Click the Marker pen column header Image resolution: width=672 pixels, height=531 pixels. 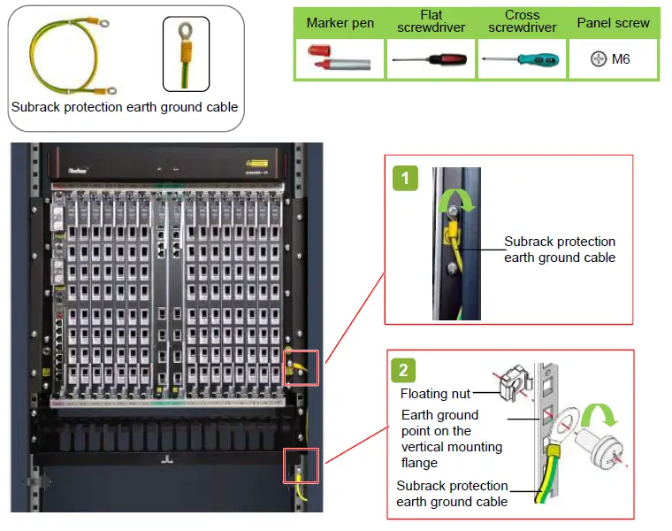[340, 23]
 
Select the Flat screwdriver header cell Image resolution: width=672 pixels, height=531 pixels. [431, 22]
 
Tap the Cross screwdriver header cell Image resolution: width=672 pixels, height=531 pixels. [522, 22]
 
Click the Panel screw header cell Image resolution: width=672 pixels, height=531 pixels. [613, 23]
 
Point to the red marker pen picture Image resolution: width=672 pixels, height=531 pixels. [340, 59]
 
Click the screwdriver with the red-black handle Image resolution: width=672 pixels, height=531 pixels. [431, 60]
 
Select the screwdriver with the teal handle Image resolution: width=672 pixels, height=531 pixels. [522, 60]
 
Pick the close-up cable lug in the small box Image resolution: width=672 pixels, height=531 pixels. [186, 53]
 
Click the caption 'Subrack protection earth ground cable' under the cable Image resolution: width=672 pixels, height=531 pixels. [125, 107]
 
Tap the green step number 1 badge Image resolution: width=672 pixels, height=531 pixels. [405, 179]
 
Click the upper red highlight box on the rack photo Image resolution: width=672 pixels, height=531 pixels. [299, 368]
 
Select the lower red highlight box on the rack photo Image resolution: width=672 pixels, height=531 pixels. [299, 465]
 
